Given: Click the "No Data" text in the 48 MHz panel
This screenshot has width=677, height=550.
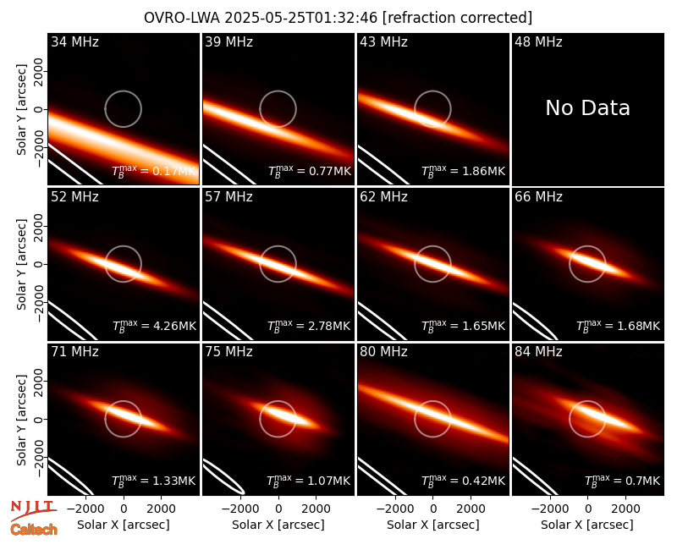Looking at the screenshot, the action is coord(587,108).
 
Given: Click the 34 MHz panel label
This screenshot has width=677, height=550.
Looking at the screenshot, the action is coord(74,41).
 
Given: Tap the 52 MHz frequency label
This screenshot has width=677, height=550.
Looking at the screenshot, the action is coord(74,197).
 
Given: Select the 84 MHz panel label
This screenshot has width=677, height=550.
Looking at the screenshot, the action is coord(538,352).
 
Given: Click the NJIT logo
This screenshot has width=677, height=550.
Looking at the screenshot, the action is coord(34,510).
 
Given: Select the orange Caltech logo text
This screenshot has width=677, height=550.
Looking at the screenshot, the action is coord(34,530).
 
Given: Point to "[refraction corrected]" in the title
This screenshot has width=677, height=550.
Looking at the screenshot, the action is coord(457,18).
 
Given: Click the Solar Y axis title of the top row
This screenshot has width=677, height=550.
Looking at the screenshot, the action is coord(21,110).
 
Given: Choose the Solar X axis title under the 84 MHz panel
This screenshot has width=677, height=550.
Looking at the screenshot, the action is coord(587,525).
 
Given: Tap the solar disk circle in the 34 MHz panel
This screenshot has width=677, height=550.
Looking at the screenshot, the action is coord(123,91).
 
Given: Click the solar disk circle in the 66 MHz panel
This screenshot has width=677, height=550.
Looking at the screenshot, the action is coord(587,246).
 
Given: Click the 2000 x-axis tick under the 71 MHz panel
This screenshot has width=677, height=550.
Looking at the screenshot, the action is coord(162,509).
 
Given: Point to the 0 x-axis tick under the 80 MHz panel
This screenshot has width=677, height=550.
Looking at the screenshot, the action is coord(433,509).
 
